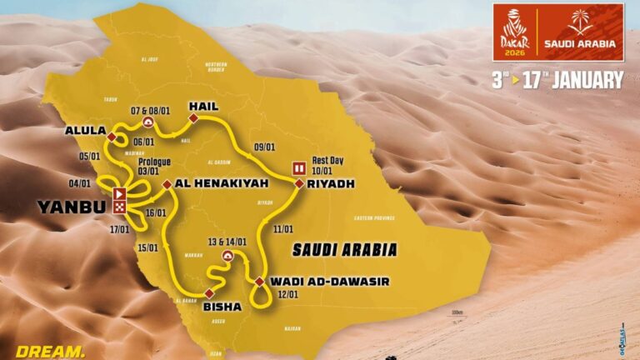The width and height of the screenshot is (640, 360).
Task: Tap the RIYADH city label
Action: coord(330,183)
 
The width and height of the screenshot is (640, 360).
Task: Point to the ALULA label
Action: coord(86,131)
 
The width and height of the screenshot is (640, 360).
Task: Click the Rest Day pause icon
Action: coord(297,168)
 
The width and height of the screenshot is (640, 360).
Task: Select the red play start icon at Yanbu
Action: coord(120,194)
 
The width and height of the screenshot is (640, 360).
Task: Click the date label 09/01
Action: coord(264,147)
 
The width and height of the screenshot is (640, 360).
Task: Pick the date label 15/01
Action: coord(149,247)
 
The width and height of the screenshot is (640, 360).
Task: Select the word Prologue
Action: coord(147,161)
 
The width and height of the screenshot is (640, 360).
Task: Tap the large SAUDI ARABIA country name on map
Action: coord(344,248)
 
